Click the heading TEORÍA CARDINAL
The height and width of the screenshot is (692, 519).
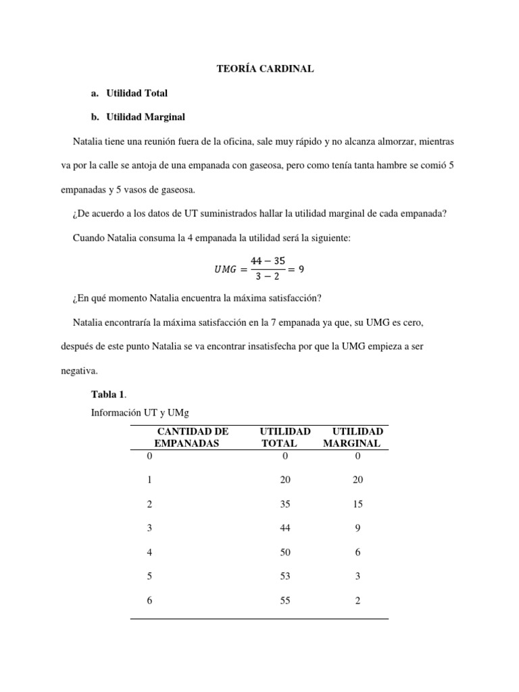point(265,69)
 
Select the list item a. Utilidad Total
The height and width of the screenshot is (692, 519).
point(128,93)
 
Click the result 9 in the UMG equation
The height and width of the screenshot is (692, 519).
point(302,268)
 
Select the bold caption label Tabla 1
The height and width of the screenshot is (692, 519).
point(107,395)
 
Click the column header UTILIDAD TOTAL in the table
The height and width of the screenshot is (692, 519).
point(285,437)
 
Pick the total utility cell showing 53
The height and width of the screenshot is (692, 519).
point(285,576)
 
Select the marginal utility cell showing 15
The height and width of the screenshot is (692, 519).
point(357,503)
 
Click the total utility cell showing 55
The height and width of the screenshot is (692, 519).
point(285,600)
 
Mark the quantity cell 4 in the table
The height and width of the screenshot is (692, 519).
point(149,552)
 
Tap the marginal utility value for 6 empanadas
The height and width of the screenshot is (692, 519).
point(357,600)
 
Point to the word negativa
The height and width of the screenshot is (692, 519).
point(79,370)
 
